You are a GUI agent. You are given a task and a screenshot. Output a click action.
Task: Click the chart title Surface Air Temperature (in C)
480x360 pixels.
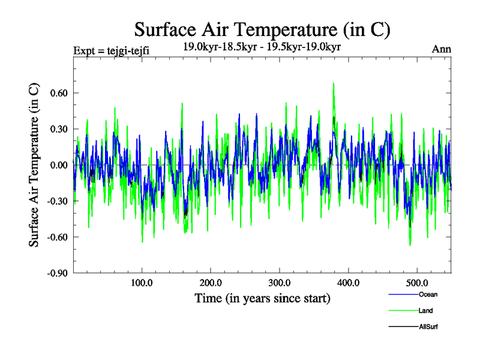coord(262,29)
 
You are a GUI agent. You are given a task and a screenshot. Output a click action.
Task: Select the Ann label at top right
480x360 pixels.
coord(442,49)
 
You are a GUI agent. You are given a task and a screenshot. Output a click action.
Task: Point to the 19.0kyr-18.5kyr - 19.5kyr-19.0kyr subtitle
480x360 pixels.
coord(262,47)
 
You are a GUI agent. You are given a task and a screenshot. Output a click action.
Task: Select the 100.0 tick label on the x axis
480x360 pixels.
coord(142,283)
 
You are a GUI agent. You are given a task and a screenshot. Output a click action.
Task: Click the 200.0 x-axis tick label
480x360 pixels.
coord(211,283)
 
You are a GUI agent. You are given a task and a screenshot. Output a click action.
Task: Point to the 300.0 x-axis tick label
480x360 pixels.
coord(280,283)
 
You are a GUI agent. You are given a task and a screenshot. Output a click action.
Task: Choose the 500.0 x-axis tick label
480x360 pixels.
coord(417,283)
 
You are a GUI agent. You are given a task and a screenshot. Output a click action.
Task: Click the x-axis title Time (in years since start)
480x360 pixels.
coord(262,298)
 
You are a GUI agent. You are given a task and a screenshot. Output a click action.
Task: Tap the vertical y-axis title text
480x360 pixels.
coord(35,165)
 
